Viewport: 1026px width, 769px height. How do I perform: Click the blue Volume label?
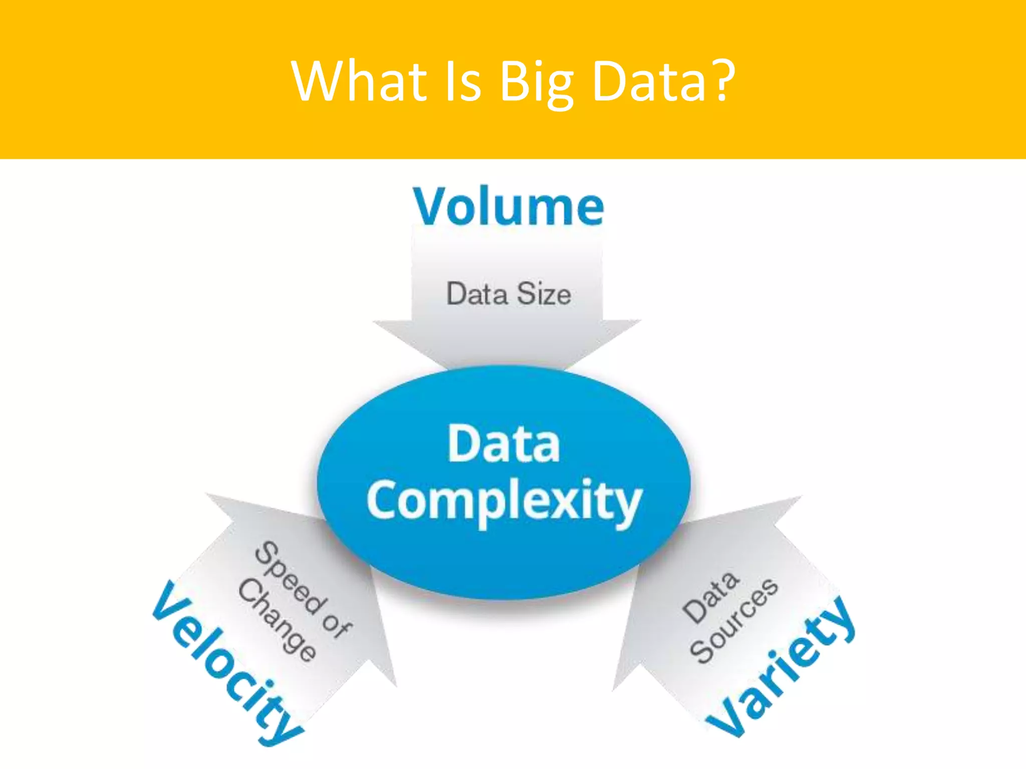pyautogui.click(x=508, y=206)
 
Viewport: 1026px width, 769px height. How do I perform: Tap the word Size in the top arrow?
pyautogui.click(x=544, y=294)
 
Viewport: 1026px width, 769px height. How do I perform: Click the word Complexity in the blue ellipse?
pyautogui.click(x=504, y=502)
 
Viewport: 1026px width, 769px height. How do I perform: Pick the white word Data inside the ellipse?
pyautogui.click(x=503, y=444)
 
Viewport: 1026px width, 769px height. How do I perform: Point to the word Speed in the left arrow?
pyautogui.click(x=288, y=578)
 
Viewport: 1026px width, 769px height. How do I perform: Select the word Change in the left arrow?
pyautogui.click(x=277, y=620)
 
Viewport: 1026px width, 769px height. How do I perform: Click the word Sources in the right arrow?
pyautogui.click(x=733, y=621)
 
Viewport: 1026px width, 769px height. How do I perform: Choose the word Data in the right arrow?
pyautogui.click(x=710, y=598)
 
